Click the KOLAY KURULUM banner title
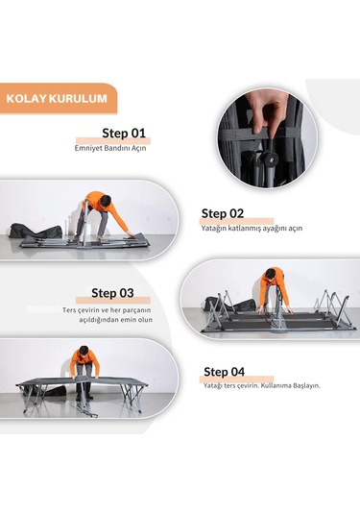[57, 99]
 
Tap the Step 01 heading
[124, 134]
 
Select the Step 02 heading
[223, 213]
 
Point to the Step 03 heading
[112, 293]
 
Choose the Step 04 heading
[224, 372]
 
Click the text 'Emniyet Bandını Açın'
[110, 148]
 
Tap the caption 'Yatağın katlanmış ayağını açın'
[252, 228]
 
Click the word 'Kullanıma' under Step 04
[276, 385]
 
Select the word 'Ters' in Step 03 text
[68, 310]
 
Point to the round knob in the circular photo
[268, 157]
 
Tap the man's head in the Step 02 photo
[106, 200]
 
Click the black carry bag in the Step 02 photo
[36, 231]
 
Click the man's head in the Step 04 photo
[84, 351]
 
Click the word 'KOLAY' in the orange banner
[26, 99]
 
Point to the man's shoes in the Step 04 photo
[84, 397]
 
